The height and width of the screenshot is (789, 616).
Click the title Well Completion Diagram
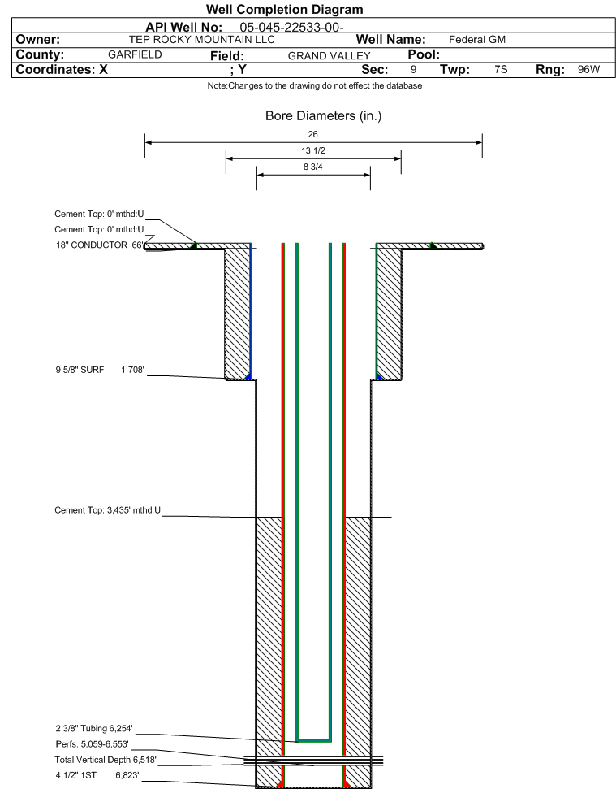[284, 10]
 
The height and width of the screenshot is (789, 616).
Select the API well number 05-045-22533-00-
[291, 28]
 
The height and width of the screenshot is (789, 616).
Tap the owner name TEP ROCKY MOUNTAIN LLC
[202, 40]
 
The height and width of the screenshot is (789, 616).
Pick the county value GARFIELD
[136, 54]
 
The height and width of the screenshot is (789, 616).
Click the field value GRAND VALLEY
[330, 56]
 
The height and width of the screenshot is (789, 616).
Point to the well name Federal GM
[477, 40]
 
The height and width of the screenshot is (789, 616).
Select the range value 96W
[589, 69]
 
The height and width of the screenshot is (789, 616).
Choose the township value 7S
[501, 69]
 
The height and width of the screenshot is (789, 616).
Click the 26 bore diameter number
[313, 134]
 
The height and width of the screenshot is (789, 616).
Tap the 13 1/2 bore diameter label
[313, 150]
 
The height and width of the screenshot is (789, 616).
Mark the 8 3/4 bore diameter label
[313, 167]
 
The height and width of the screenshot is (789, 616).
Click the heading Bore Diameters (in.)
[324, 115]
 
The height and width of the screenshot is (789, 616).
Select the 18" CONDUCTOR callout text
[92, 245]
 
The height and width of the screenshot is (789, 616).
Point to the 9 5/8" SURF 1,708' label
[100, 370]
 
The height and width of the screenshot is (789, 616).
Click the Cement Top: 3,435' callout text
[107, 510]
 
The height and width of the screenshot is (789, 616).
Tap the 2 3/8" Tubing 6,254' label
[94, 729]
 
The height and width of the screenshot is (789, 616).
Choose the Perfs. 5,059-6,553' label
[93, 744]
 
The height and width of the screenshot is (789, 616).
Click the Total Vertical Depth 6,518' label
[106, 760]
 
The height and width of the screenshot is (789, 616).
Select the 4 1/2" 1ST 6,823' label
[97, 775]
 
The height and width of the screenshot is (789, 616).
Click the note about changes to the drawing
[315, 85]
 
